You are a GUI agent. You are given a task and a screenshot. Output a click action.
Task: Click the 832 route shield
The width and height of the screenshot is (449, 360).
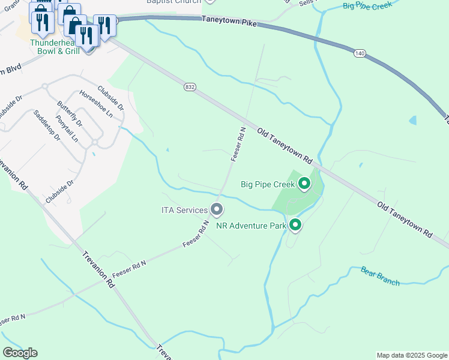190,87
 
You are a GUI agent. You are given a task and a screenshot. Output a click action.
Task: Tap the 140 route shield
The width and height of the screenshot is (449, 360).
360,53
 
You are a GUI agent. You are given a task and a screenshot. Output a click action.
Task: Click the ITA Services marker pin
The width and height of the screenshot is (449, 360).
217,210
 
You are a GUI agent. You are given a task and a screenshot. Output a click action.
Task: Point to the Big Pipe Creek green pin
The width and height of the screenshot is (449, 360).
304,184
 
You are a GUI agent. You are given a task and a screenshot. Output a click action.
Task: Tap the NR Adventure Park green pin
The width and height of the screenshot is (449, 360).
295,226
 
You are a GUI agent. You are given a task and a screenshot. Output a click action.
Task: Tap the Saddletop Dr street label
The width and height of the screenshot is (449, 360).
47,125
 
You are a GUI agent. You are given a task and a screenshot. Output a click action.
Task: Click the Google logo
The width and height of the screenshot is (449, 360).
20,353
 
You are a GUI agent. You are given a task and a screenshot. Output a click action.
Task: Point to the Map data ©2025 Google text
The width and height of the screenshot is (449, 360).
411,355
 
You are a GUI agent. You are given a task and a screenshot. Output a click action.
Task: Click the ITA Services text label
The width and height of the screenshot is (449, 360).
184,210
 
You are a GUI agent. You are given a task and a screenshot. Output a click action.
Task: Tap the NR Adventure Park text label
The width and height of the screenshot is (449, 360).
251,226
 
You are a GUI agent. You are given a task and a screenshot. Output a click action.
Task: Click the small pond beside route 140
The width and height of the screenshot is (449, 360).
413,120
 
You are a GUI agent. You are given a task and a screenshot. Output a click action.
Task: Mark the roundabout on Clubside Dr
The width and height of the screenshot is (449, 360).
94,142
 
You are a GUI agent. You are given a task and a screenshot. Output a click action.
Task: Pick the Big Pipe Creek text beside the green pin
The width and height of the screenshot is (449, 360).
268,184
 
